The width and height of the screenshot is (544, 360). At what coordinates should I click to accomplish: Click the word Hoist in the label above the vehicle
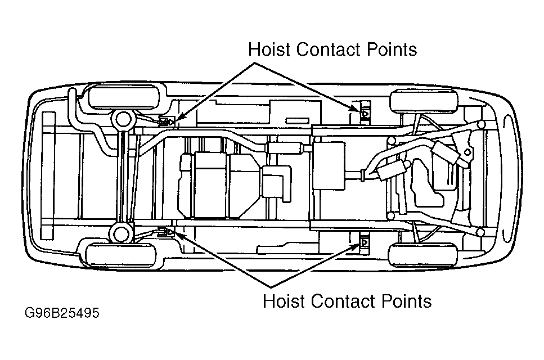point(269,49)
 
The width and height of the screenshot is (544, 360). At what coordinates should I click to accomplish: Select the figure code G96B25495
point(62,313)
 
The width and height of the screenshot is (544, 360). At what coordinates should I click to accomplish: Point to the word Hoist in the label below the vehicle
point(284,301)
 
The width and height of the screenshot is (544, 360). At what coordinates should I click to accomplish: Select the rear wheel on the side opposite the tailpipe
point(121,255)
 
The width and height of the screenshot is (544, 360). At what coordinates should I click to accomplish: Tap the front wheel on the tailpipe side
point(423,101)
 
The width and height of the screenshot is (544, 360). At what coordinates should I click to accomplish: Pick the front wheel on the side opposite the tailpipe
point(423,255)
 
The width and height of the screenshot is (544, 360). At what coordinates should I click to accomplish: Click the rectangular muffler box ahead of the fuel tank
point(329,165)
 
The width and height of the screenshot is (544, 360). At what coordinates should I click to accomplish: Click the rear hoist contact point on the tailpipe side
point(167,121)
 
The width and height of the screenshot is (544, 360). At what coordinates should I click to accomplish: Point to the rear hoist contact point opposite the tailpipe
point(166,231)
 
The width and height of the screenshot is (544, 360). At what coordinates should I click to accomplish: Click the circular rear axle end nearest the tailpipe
point(123,120)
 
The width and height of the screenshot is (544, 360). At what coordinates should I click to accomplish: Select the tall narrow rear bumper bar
point(48,175)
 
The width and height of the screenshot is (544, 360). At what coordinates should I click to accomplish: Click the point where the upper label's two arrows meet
point(255,63)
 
